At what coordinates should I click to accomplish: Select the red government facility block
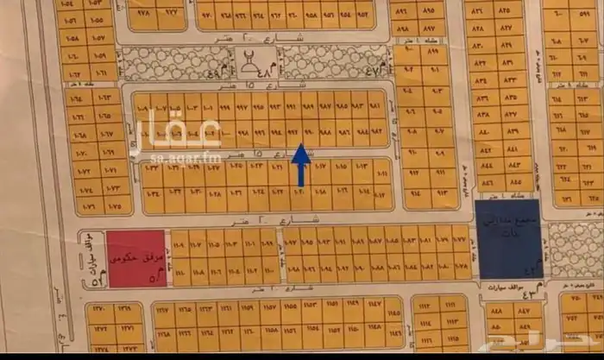(135, 257)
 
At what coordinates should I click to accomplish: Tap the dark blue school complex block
(508, 238)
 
